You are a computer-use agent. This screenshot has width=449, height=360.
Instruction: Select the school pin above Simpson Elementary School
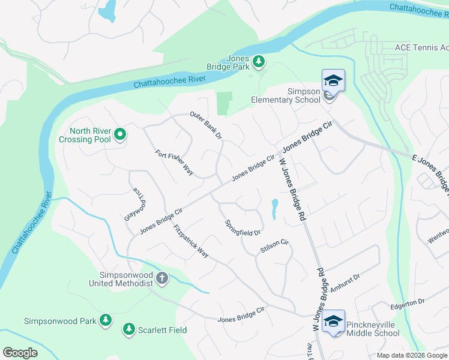click(333, 80)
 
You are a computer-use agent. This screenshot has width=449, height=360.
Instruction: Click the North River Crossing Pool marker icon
click(120, 134)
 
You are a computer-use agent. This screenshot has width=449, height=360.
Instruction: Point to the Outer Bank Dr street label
click(206, 125)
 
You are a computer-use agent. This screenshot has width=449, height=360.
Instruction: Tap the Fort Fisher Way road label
click(174, 163)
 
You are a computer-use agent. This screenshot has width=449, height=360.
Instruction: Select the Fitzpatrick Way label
click(190, 242)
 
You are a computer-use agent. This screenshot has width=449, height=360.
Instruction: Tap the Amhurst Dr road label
click(344, 280)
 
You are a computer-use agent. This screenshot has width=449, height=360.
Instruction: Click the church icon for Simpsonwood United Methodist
click(162, 278)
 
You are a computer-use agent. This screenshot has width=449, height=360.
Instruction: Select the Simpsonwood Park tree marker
click(106, 320)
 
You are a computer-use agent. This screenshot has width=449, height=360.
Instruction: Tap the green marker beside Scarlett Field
click(128, 329)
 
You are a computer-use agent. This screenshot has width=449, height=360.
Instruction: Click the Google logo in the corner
click(20, 352)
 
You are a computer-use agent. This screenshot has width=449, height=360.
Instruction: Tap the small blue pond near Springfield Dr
click(274, 208)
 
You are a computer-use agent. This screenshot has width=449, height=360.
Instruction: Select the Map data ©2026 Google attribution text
click(412, 355)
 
